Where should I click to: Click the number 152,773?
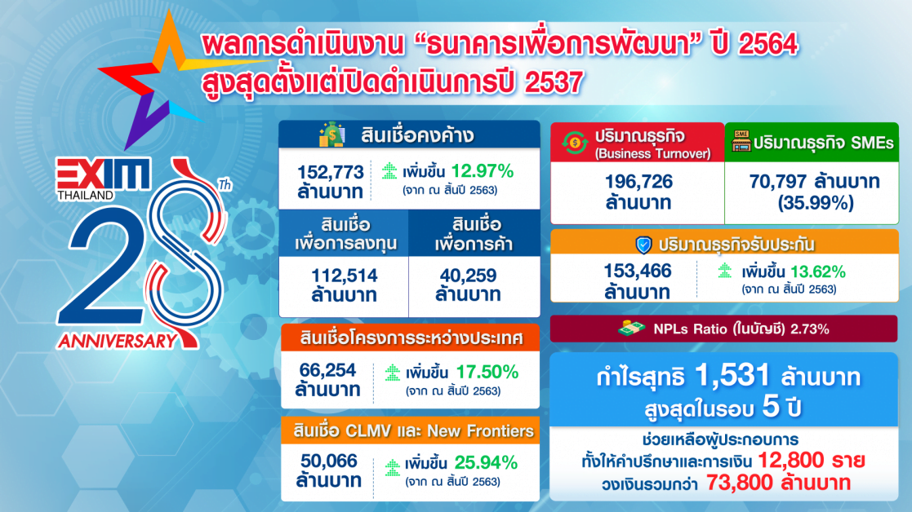[x=331, y=172]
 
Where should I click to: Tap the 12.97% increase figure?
[x=483, y=170]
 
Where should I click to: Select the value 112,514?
[x=345, y=275]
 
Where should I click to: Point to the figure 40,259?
[x=468, y=275]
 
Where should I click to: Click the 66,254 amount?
[x=328, y=370]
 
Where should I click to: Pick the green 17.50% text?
[x=487, y=372]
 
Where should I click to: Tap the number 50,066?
[x=329, y=461]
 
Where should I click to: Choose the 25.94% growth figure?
[x=487, y=462]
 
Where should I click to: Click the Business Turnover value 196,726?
[x=638, y=182]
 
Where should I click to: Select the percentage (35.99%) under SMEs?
[x=816, y=203]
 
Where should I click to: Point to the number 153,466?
[x=638, y=271]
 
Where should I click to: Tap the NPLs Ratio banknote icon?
[x=631, y=329]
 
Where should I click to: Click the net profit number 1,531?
[x=732, y=376]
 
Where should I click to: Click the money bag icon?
[x=332, y=134]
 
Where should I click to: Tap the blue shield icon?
[x=643, y=245]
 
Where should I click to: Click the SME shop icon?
[x=741, y=141]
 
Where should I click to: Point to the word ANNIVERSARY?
[x=117, y=341]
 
